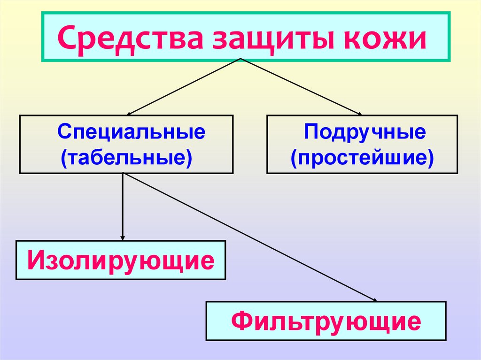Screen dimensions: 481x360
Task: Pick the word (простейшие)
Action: point(362,157)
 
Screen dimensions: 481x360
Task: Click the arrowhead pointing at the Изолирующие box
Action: point(123,237)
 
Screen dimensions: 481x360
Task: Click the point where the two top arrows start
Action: point(241,59)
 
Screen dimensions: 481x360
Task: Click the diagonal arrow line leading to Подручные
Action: point(301,86)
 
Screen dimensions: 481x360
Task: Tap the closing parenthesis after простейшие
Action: point(430,158)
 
